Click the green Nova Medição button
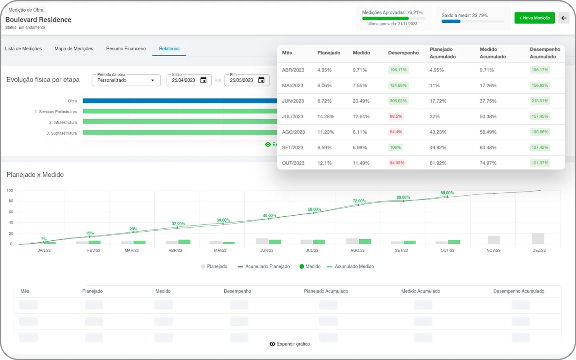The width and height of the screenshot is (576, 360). pos(534,18)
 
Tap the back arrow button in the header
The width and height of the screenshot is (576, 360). pos(564,18)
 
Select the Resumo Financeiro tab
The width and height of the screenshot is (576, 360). pos(126,49)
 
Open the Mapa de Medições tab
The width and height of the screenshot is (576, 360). pos(74,49)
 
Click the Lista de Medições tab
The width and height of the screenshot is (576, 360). pos(23,49)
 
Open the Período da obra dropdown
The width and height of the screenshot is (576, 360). pos(126,80)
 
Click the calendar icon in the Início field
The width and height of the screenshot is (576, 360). pos(203,80)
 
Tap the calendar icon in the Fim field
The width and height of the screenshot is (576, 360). pos(261,80)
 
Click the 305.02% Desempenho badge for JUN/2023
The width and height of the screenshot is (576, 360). pos(398,101)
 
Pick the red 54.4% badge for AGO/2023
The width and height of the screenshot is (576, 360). pos(396,132)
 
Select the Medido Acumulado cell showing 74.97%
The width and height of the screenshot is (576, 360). pos(488,163)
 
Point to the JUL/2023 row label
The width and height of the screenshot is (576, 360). pos(292,116)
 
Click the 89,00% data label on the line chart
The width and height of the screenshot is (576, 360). pos(447,193)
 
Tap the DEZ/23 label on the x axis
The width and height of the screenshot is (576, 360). pos(539,250)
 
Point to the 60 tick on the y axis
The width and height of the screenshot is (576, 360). pos(11,212)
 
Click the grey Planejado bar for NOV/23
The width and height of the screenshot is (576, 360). pos(494,240)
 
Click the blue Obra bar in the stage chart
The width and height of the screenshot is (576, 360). pos(180,101)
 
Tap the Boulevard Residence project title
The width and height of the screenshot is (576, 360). pos(38,20)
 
